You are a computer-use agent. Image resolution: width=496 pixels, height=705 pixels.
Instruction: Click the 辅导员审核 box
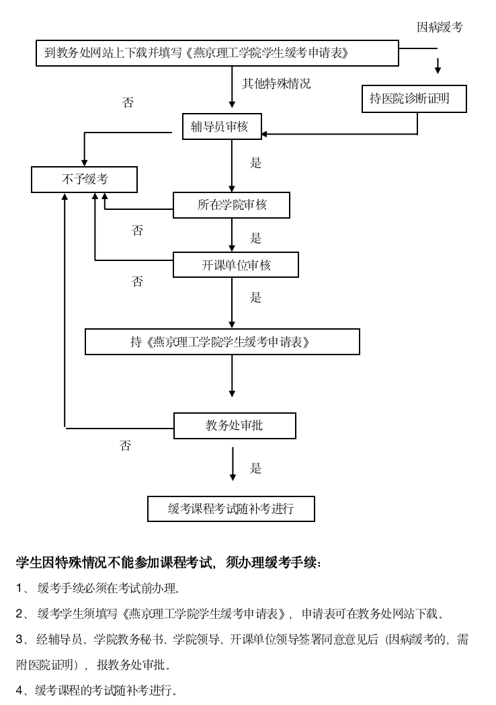click(221, 126)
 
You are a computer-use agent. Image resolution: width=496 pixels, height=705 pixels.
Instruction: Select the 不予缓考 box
click(84, 180)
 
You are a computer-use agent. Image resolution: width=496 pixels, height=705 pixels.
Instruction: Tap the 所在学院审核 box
click(231, 205)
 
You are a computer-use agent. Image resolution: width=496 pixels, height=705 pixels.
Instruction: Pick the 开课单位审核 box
click(235, 265)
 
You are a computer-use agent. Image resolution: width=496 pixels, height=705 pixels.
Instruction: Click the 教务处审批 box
click(235, 425)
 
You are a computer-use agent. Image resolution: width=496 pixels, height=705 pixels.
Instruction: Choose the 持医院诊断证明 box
click(414, 100)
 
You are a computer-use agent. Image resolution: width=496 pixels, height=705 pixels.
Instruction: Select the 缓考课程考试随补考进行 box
click(231, 509)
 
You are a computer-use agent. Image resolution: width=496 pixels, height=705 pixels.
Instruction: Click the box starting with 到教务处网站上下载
click(217, 53)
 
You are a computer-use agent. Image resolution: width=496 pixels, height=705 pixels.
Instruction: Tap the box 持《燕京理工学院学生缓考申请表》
click(222, 342)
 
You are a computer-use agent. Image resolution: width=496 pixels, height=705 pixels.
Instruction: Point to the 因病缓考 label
click(440, 28)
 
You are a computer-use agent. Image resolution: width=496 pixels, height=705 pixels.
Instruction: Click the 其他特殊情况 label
click(276, 84)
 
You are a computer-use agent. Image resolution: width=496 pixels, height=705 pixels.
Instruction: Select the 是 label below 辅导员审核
click(255, 163)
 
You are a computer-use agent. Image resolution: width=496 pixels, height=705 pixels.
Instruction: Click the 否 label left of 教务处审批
click(126, 446)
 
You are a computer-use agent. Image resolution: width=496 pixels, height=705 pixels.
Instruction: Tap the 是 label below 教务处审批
click(255, 468)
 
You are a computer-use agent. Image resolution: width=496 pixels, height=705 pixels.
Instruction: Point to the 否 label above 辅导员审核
click(128, 103)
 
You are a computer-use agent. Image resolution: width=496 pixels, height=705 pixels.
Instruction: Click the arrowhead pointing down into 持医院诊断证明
click(438, 69)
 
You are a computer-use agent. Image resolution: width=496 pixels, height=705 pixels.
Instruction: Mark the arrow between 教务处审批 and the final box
click(233, 464)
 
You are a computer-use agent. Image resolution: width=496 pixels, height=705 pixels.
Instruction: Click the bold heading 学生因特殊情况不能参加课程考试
click(168, 562)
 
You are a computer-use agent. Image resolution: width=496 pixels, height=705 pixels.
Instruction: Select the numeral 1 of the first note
click(19, 589)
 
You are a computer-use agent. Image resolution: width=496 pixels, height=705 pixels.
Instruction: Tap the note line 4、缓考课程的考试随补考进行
click(97, 690)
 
